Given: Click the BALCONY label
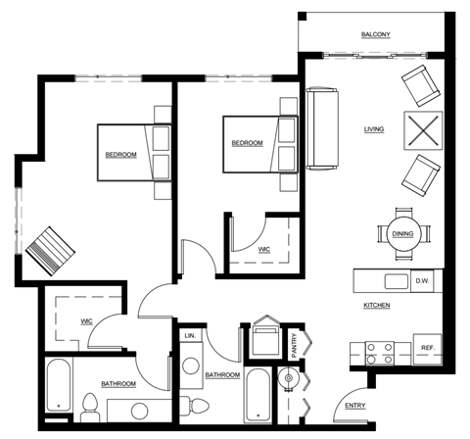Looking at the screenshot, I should click(x=375, y=35).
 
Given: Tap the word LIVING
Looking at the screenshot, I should click(x=373, y=128).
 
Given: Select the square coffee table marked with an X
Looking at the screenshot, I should click(x=425, y=129).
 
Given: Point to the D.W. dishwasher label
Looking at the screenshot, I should click(x=422, y=282).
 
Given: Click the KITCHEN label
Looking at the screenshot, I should click(x=377, y=306).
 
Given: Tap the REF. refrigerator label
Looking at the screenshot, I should click(x=427, y=348).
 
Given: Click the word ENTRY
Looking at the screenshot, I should click(x=353, y=407).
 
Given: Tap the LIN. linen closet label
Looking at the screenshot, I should click(x=190, y=336).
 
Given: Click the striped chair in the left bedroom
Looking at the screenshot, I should click(x=48, y=250).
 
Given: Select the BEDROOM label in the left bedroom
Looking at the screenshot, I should click(x=120, y=155).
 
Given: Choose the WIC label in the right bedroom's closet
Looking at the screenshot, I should click(x=263, y=249).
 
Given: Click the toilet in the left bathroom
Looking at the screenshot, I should click(x=90, y=405).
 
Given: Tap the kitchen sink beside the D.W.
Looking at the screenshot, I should click(x=396, y=282).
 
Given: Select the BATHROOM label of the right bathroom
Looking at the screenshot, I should click(x=222, y=375).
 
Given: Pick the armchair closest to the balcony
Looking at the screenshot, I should click(x=423, y=87).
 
